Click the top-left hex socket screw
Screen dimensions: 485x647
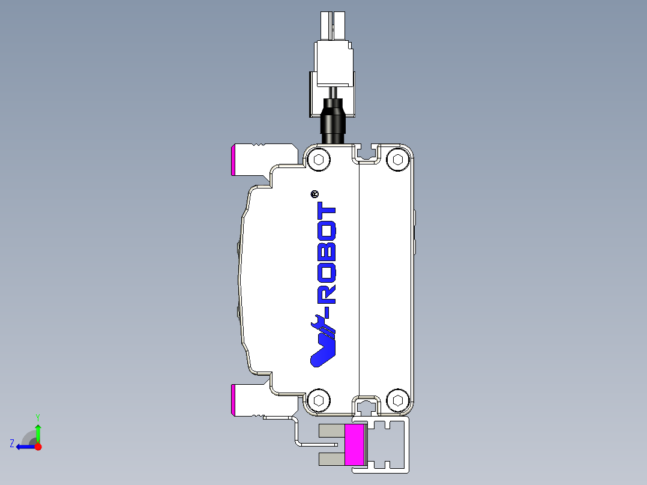click(318, 160)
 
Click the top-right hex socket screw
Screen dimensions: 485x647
click(396, 159)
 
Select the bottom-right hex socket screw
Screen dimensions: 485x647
click(396, 400)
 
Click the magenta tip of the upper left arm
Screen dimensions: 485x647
click(233, 160)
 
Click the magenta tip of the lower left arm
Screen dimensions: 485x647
click(233, 400)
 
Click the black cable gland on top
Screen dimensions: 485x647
click(333, 121)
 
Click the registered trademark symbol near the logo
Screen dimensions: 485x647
click(314, 194)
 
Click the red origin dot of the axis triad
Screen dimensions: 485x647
click(38, 446)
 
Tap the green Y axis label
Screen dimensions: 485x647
click(37, 417)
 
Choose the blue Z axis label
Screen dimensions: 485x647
click(12, 444)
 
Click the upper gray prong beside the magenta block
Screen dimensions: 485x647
click(331, 430)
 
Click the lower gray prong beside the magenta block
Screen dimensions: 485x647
click(331, 459)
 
